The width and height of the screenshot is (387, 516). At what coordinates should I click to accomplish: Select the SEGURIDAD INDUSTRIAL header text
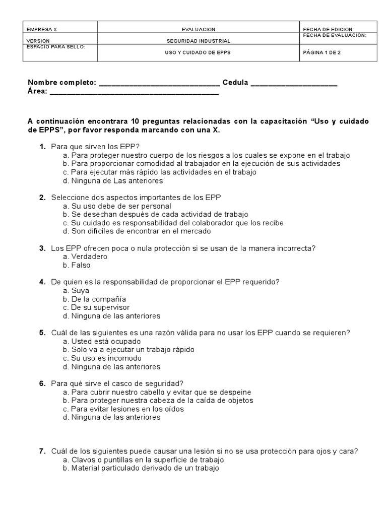coord(199,41)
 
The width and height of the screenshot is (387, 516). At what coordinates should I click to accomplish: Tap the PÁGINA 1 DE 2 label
coord(322,52)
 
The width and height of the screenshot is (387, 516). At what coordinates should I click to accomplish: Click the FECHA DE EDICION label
coord(329,30)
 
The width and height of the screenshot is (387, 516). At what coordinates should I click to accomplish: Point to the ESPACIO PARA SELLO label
coord(56,46)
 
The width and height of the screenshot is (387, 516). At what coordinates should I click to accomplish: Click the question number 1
coord(42,147)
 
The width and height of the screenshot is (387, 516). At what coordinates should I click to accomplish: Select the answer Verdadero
coord(89,256)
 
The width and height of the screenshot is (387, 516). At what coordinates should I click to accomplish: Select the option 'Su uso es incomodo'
coord(103,358)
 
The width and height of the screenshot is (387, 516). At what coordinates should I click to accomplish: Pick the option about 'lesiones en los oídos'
coord(127,409)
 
